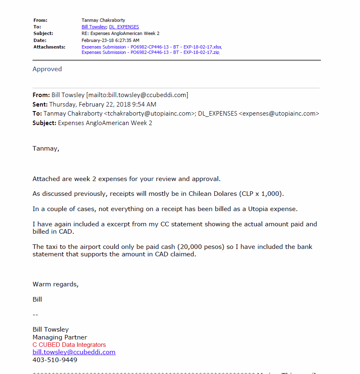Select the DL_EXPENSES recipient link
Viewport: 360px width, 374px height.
124,27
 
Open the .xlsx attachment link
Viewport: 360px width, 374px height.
152,47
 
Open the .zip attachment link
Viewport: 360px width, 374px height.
150,52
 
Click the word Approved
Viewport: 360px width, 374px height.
47,69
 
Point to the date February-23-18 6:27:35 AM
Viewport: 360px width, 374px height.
110,40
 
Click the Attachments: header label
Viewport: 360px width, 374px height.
49,47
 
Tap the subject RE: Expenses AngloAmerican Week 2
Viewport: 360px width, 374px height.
120,33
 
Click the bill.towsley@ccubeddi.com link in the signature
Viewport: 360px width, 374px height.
74,352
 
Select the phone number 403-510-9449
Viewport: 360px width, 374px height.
55,360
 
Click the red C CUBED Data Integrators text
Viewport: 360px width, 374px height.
69,345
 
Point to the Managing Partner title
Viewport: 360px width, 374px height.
60,337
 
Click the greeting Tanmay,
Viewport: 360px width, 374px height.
46,149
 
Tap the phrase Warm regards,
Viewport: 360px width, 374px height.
55,284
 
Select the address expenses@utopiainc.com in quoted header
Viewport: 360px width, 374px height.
279,114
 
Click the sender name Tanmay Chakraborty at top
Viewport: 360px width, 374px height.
103,20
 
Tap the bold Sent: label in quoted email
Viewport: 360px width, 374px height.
40,105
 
